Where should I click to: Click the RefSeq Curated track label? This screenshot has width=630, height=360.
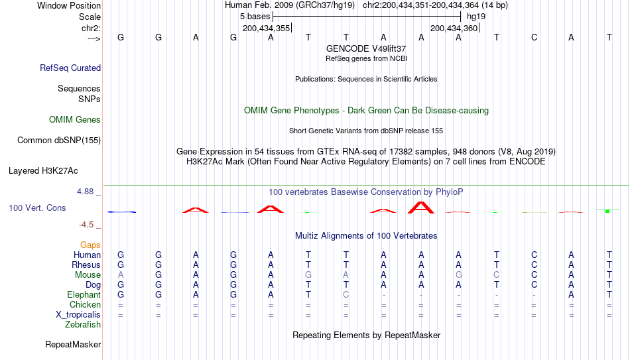(x=70, y=68)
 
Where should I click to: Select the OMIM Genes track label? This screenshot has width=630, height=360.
(x=75, y=120)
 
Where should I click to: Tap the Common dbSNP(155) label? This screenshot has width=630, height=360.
(x=59, y=141)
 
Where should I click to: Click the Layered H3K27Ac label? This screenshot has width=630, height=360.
(x=43, y=171)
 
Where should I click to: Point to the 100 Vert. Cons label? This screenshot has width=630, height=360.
(x=37, y=208)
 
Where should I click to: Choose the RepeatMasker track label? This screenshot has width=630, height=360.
(x=73, y=344)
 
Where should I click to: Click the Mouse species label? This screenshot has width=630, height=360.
(x=88, y=275)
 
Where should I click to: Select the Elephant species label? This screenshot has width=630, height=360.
(x=84, y=295)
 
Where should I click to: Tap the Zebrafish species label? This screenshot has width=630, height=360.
(x=83, y=325)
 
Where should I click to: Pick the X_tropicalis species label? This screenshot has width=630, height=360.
(x=78, y=315)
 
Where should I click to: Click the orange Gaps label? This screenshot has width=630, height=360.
(x=90, y=245)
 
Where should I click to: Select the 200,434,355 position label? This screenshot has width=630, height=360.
(x=266, y=28)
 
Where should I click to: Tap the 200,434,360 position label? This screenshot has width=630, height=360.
(x=454, y=28)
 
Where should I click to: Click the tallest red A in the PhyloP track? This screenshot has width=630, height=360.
(x=421, y=208)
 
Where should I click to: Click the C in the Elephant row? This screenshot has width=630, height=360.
(x=346, y=295)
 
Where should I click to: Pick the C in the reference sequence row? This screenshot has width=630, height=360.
(x=534, y=38)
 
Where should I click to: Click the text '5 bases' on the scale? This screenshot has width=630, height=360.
(x=255, y=17)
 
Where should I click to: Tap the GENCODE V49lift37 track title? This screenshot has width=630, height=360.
(x=366, y=48)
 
